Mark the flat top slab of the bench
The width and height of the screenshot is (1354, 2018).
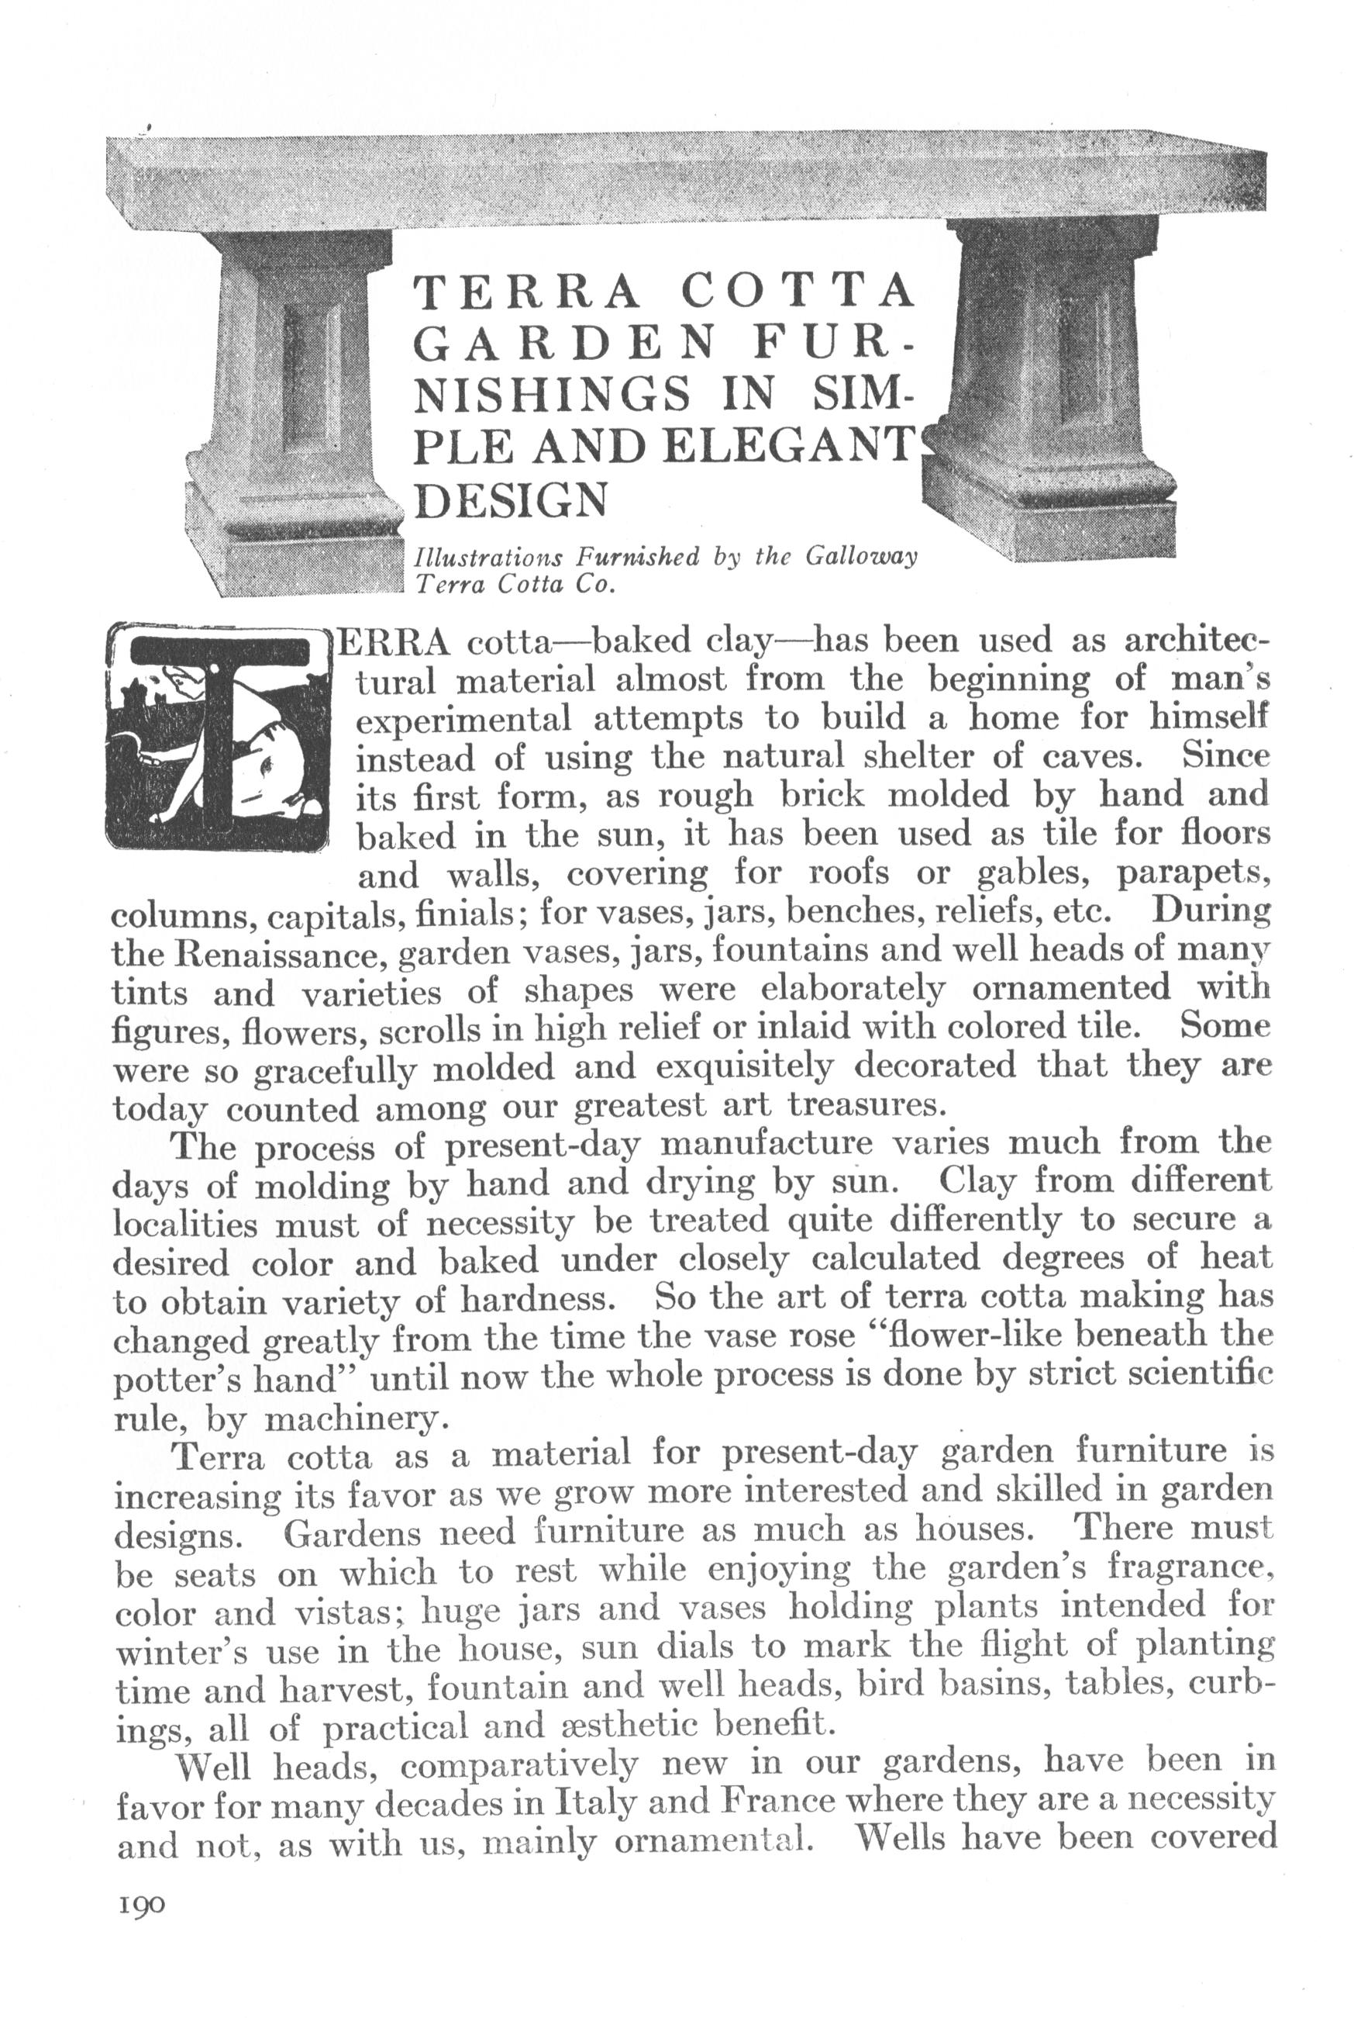682,177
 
